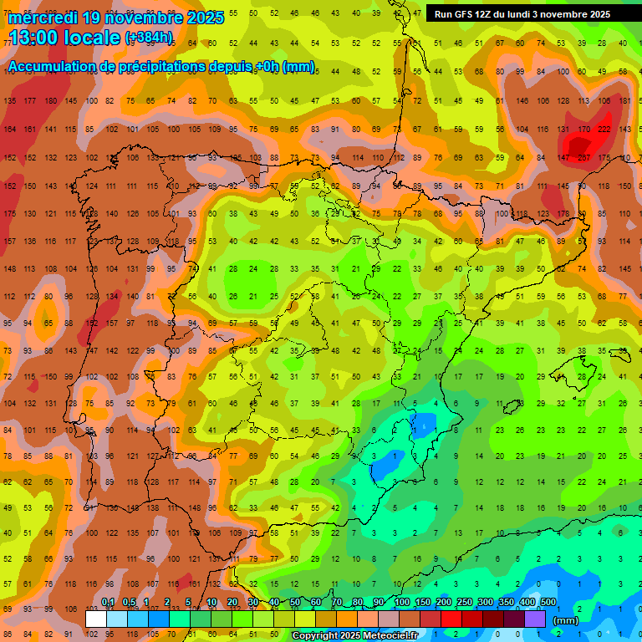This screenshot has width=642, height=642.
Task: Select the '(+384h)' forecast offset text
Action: [149, 38]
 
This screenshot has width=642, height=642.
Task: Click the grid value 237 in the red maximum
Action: [583, 158]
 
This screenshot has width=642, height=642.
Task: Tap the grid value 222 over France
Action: [604, 130]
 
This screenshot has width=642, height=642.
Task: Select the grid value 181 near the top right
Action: [625, 100]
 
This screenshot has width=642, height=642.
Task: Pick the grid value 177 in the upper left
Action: [31, 100]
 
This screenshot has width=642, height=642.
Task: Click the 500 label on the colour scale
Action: [548, 602]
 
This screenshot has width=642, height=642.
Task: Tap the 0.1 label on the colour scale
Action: [108, 602]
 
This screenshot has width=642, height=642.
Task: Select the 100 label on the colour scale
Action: [402, 602]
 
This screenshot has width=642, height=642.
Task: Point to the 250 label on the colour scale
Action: [465, 602]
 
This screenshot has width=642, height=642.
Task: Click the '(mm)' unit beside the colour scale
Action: [566, 620]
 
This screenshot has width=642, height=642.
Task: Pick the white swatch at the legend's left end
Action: [96, 619]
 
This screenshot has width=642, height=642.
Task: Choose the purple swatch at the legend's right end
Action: [535, 619]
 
